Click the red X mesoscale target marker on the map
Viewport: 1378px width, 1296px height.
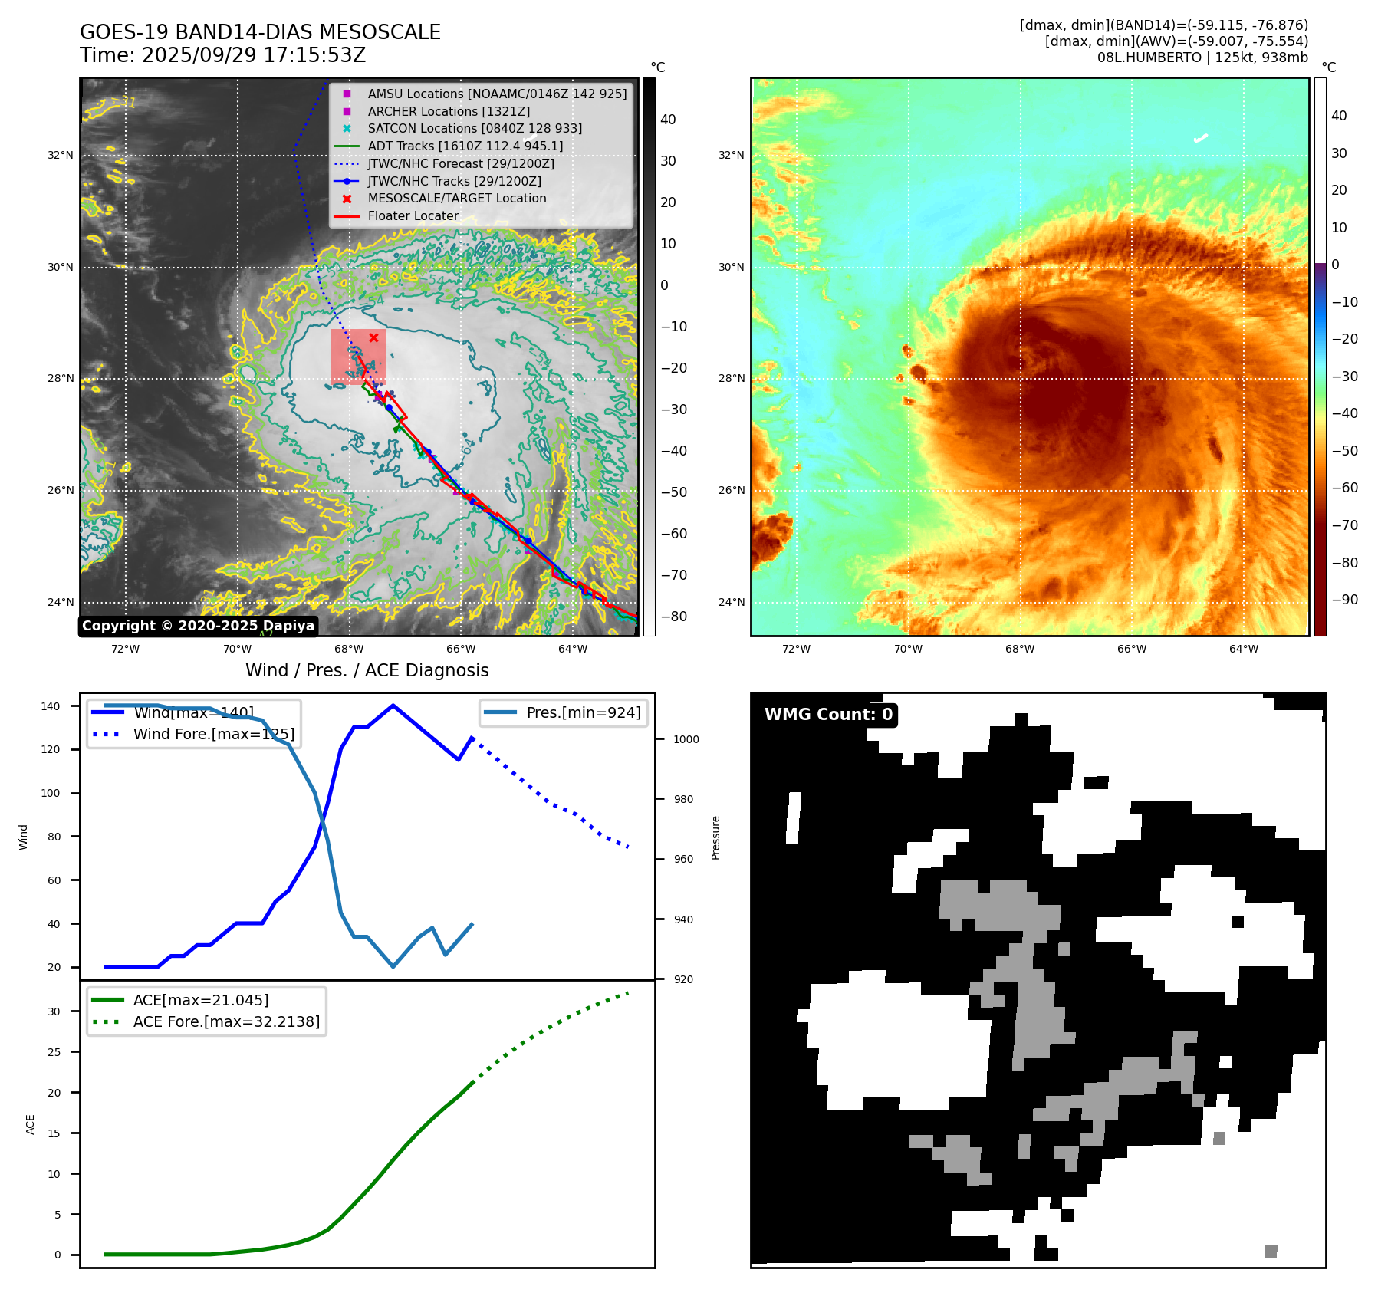point(373,337)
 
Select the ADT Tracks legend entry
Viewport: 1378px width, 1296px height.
point(465,146)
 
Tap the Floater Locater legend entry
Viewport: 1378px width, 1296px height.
point(413,216)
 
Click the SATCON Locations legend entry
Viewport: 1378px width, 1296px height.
point(474,129)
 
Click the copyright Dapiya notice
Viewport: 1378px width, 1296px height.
point(198,626)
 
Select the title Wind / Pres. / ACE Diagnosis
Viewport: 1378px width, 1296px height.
point(367,670)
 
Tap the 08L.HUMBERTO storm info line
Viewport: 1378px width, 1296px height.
point(1202,58)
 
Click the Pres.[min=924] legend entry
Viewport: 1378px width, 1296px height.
point(583,712)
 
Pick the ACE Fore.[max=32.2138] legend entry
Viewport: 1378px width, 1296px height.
point(226,1021)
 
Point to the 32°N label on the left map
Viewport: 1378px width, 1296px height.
point(61,155)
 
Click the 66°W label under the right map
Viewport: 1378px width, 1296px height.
point(1131,649)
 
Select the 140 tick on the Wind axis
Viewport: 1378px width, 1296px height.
point(51,706)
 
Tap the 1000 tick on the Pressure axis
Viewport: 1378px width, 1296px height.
point(686,739)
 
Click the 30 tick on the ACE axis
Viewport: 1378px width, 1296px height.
point(54,1011)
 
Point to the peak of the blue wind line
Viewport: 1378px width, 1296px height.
point(393,706)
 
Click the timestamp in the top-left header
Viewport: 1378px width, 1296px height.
point(222,56)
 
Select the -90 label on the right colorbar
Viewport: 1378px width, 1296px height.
point(1344,600)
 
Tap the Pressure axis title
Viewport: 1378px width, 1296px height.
point(715,837)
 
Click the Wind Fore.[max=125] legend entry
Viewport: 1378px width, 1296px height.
point(213,734)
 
